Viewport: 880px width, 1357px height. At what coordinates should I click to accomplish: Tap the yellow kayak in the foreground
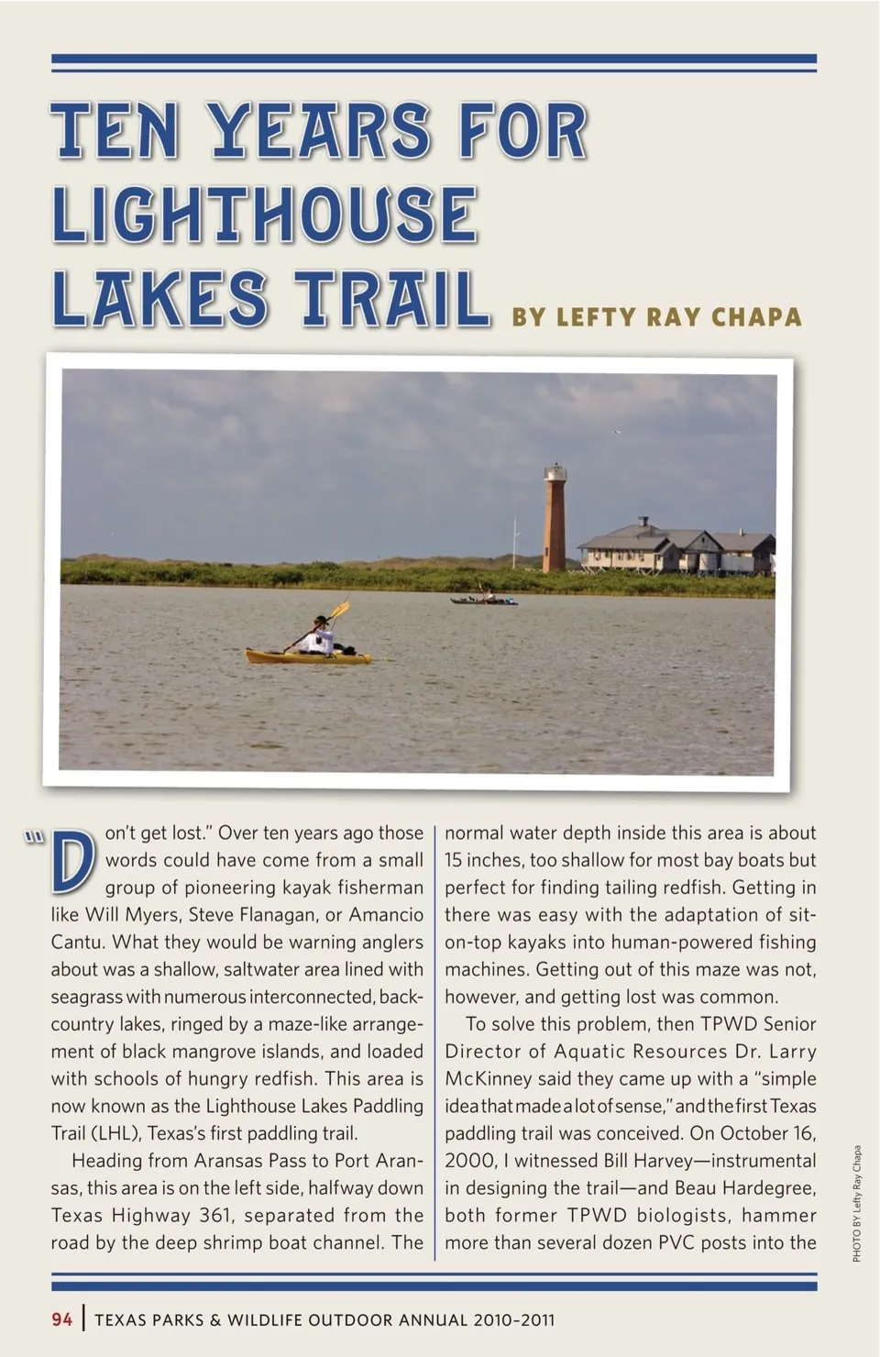(x=308, y=656)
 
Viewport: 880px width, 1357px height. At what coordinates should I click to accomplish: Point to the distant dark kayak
(x=484, y=601)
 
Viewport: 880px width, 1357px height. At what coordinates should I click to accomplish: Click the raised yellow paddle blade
(x=341, y=609)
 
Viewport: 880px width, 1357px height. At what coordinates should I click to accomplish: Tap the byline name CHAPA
(x=756, y=317)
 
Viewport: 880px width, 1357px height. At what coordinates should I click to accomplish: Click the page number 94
(x=62, y=1319)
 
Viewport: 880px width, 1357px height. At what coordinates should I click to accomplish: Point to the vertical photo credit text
(x=857, y=1203)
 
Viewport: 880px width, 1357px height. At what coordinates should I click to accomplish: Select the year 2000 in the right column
(x=469, y=1161)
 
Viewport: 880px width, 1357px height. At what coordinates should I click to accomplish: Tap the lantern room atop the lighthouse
(x=555, y=473)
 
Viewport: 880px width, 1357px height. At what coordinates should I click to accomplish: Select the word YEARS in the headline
(x=319, y=131)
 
